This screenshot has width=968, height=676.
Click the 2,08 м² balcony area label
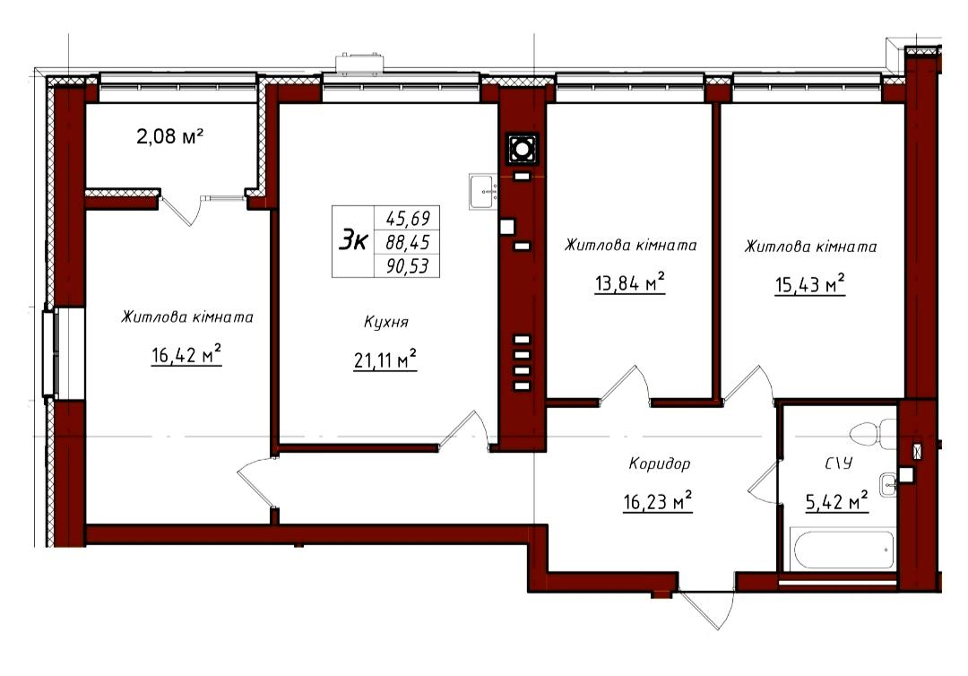[169, 135]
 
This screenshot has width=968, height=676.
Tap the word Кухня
[385, 322]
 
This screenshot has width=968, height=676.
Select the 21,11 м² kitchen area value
[385, 359]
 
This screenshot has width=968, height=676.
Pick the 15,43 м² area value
[810, 284]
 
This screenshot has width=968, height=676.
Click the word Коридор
[660, 463]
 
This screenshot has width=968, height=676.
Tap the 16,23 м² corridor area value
[658, 501]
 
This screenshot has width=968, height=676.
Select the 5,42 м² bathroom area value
[837, 501]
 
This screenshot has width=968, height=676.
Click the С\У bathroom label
[838, 463]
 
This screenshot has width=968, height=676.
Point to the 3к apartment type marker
[353, 240]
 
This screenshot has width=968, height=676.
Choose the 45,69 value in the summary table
[408, 218]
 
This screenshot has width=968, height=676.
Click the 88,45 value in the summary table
[408, 241]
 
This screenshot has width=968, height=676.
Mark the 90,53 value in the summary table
[408, 266]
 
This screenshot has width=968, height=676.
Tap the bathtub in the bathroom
[844, 549]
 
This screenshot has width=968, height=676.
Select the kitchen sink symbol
[483, 191]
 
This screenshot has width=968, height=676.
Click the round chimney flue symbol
[523, 149]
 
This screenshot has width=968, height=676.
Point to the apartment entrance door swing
[705, 608]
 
